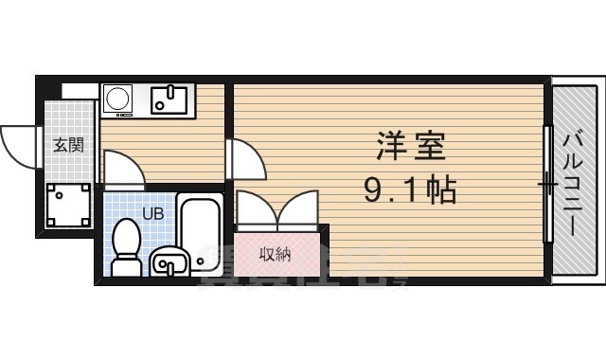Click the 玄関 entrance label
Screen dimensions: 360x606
pyautogui.click(x=67, y=145)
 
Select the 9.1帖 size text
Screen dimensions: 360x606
pyautogui.click(x=410, y=191)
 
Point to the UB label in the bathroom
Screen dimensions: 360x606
pyautogui.click(x=152, y=213)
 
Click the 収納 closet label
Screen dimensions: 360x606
pyautogui.click(x=275, y=253)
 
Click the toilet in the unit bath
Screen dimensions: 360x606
pyautogui.click(x=125, y=246)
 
